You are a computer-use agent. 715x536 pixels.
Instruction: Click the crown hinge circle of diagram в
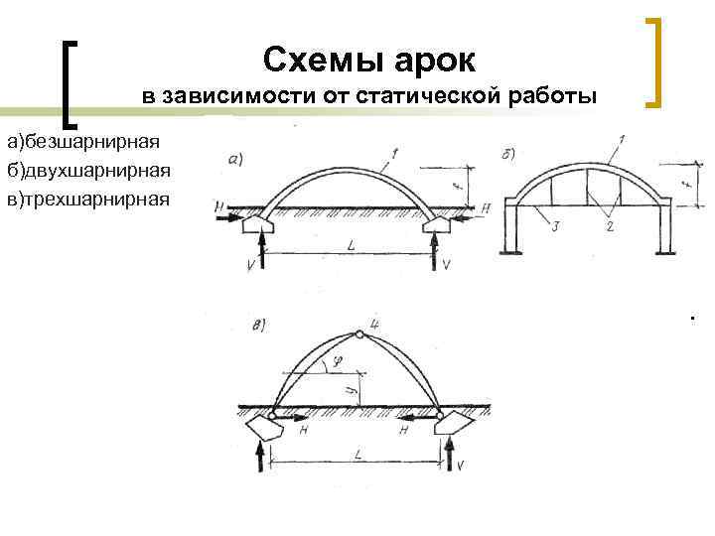[357, 334]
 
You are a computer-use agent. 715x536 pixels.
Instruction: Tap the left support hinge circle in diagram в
[272, 416]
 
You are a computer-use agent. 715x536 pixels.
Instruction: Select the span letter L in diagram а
[353, 243]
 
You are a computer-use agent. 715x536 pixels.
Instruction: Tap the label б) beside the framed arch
[507, 151]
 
